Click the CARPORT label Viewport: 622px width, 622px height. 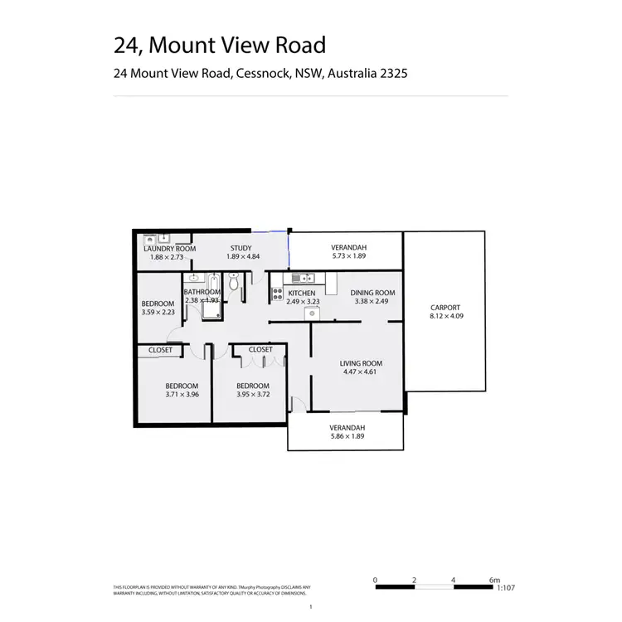pyautogui.click(x=445, y=308)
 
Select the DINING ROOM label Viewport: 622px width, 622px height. pyautogui.click(x=372, y=293)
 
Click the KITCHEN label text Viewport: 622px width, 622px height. pyautogui.click(x=301, y=293)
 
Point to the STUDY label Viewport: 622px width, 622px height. pyautogui.click(x=241, y=248)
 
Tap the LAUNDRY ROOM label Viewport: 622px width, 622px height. pyautogui.click(x=169, y=249)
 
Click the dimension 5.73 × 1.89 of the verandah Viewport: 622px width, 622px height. pyautogui.click(x=348, y=257)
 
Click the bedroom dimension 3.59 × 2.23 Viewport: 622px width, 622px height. pyautogui.click(x=158, y=312)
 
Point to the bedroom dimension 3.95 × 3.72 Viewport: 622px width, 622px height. pyautogui.click(x=252, y=395)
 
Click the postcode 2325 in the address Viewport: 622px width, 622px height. pyautogui.click(x=391, y=73)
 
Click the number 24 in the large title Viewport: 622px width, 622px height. pyautogui.click(x=127, y=45)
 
